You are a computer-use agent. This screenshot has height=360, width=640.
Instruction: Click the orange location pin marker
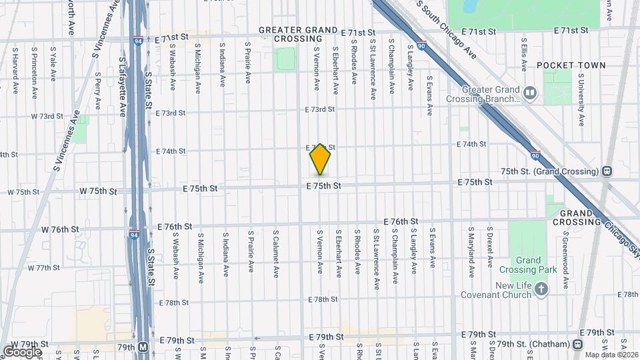[x=320, y=159]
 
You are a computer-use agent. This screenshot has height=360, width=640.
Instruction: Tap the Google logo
[x=22, y=351]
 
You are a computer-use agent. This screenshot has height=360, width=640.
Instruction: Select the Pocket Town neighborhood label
[x=571, y=65]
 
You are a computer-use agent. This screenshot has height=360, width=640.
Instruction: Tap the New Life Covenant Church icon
[x=541, y=289]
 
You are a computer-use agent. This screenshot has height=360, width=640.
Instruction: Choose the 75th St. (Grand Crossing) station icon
[x=607, y=171]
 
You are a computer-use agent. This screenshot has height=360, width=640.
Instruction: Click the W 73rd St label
[x=47, y=116]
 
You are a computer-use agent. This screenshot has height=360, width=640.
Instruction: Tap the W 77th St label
[x=43, y=267]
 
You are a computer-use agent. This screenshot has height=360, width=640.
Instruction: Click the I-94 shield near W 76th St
[x=135, y=235]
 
